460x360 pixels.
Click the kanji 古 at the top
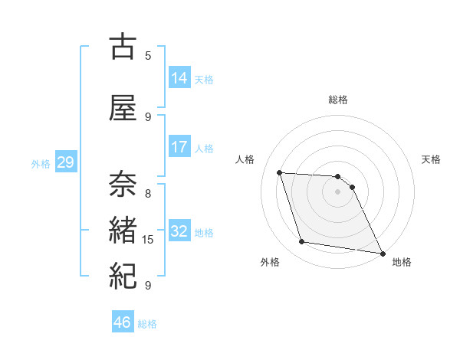(123, 47)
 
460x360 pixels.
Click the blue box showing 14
(179, 78)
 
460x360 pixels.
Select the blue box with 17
(179, 147)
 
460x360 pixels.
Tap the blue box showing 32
(179, 231)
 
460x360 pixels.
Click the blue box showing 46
(123, 322)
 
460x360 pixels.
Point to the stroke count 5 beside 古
(148, 55)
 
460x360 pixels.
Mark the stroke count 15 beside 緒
(148, 240)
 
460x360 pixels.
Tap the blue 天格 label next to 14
(204, 80)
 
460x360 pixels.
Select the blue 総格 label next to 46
(147, 324)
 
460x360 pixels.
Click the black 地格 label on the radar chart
(402, 262)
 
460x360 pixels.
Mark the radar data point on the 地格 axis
(383, 254)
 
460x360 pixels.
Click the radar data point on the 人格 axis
(280, 172)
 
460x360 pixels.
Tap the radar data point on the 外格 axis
(302, 243)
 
